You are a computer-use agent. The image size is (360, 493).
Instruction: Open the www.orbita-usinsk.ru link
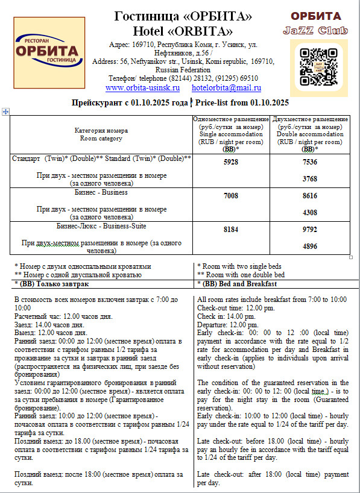coord(142,88)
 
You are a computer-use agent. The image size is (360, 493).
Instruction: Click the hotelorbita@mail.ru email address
coord(218,88)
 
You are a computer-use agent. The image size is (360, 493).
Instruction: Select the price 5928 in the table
coord(230,162)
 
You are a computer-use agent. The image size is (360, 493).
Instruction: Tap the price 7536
coord(310,162)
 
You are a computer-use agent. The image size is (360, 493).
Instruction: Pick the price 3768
coord(310,178)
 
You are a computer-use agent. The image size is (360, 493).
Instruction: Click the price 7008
coord(230,196)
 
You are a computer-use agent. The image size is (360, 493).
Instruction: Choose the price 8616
coord(310,196)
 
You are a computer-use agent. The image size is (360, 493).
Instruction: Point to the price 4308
coord(310,212)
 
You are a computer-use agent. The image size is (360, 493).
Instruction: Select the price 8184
coord(230,230)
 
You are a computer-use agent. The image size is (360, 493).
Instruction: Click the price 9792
coord(310,230)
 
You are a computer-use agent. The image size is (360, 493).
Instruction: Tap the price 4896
coord(310,246)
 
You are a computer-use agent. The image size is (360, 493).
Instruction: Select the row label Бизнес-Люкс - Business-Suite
coord(101,226)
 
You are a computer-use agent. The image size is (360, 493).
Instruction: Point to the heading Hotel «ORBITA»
coord(183,31)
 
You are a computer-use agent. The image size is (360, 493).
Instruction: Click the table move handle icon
coord(5,111)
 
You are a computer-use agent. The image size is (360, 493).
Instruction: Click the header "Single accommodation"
coord(230,134)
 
